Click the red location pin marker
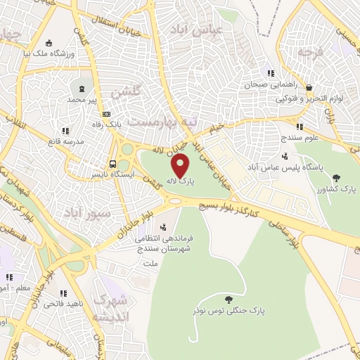(181, 167)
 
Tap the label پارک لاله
(180, 181)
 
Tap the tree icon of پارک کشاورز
(335, 178)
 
